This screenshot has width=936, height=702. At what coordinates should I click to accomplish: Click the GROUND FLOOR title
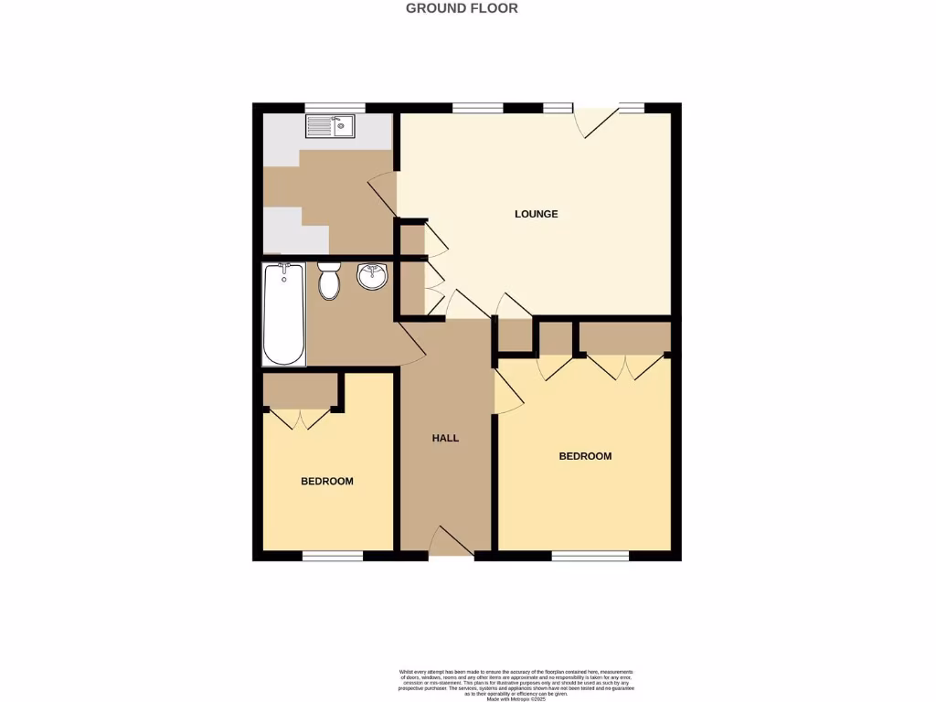tap(462, 8)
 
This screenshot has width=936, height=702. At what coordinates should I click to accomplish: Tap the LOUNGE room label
tap(536, 215)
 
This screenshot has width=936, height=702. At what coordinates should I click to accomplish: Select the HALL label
tap(445, 438)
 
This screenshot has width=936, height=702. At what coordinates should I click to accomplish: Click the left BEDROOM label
tap(327, 482)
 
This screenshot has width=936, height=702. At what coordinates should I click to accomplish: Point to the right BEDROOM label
tap(585, 456)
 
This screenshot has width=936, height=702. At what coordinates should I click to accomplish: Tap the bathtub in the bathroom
tap(284, 314)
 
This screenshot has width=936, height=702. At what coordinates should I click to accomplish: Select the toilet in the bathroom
tap(329, 280)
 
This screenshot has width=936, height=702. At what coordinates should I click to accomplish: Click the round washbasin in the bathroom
tap(372, 276)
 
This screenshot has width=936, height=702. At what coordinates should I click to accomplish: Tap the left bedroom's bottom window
tap(333, 555)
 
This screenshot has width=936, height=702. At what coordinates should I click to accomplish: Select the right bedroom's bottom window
tap(590, 555)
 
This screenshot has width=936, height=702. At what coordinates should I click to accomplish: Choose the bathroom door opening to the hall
tap(411, 344)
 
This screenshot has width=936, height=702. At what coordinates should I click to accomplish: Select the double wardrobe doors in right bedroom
tap(625, 367)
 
